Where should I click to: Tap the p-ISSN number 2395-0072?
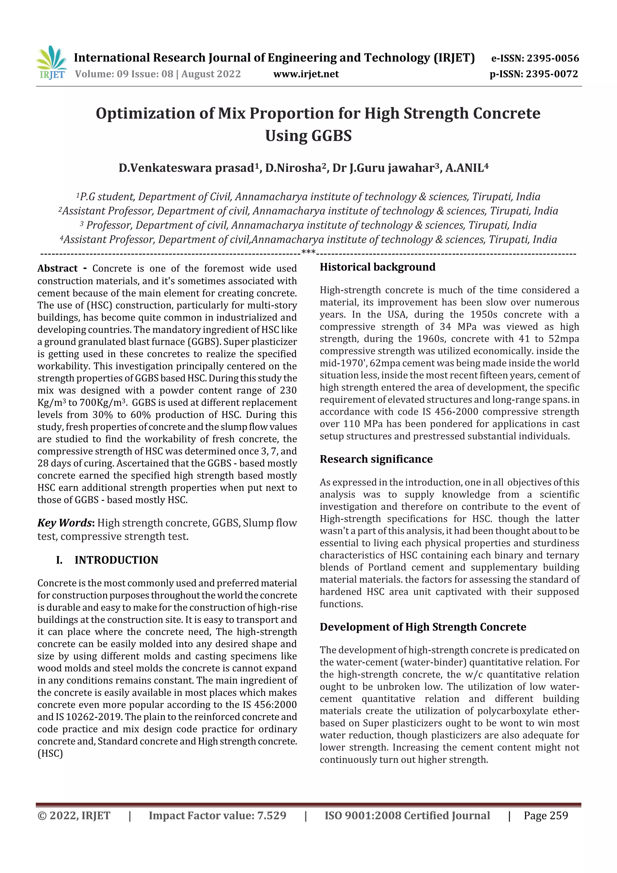552,74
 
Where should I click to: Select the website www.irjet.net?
306,74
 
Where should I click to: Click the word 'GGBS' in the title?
331,136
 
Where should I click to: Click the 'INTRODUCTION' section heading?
116,560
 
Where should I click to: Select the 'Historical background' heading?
377,267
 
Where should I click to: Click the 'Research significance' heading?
376,459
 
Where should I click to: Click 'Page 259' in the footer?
546,815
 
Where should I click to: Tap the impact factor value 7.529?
271,815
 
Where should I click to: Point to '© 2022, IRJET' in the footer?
74,815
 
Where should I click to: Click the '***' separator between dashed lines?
308,252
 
